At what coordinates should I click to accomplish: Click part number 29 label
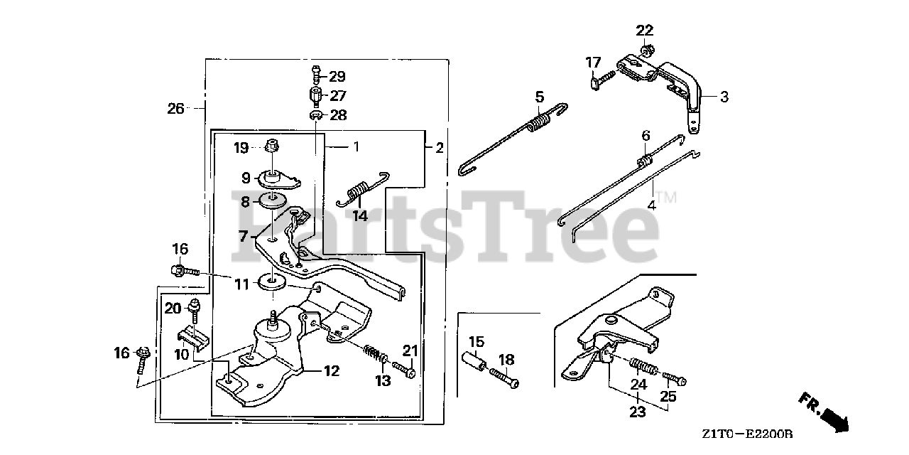coord(337,76)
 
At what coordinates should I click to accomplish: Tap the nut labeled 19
coord(271,147)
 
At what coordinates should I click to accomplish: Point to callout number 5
coord(539,96)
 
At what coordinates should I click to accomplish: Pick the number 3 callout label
coord(724,97)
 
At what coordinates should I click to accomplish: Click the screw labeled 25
coord(675,379)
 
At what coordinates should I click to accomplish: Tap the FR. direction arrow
coord(824,412)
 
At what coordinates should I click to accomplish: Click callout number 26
coord(175,109)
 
